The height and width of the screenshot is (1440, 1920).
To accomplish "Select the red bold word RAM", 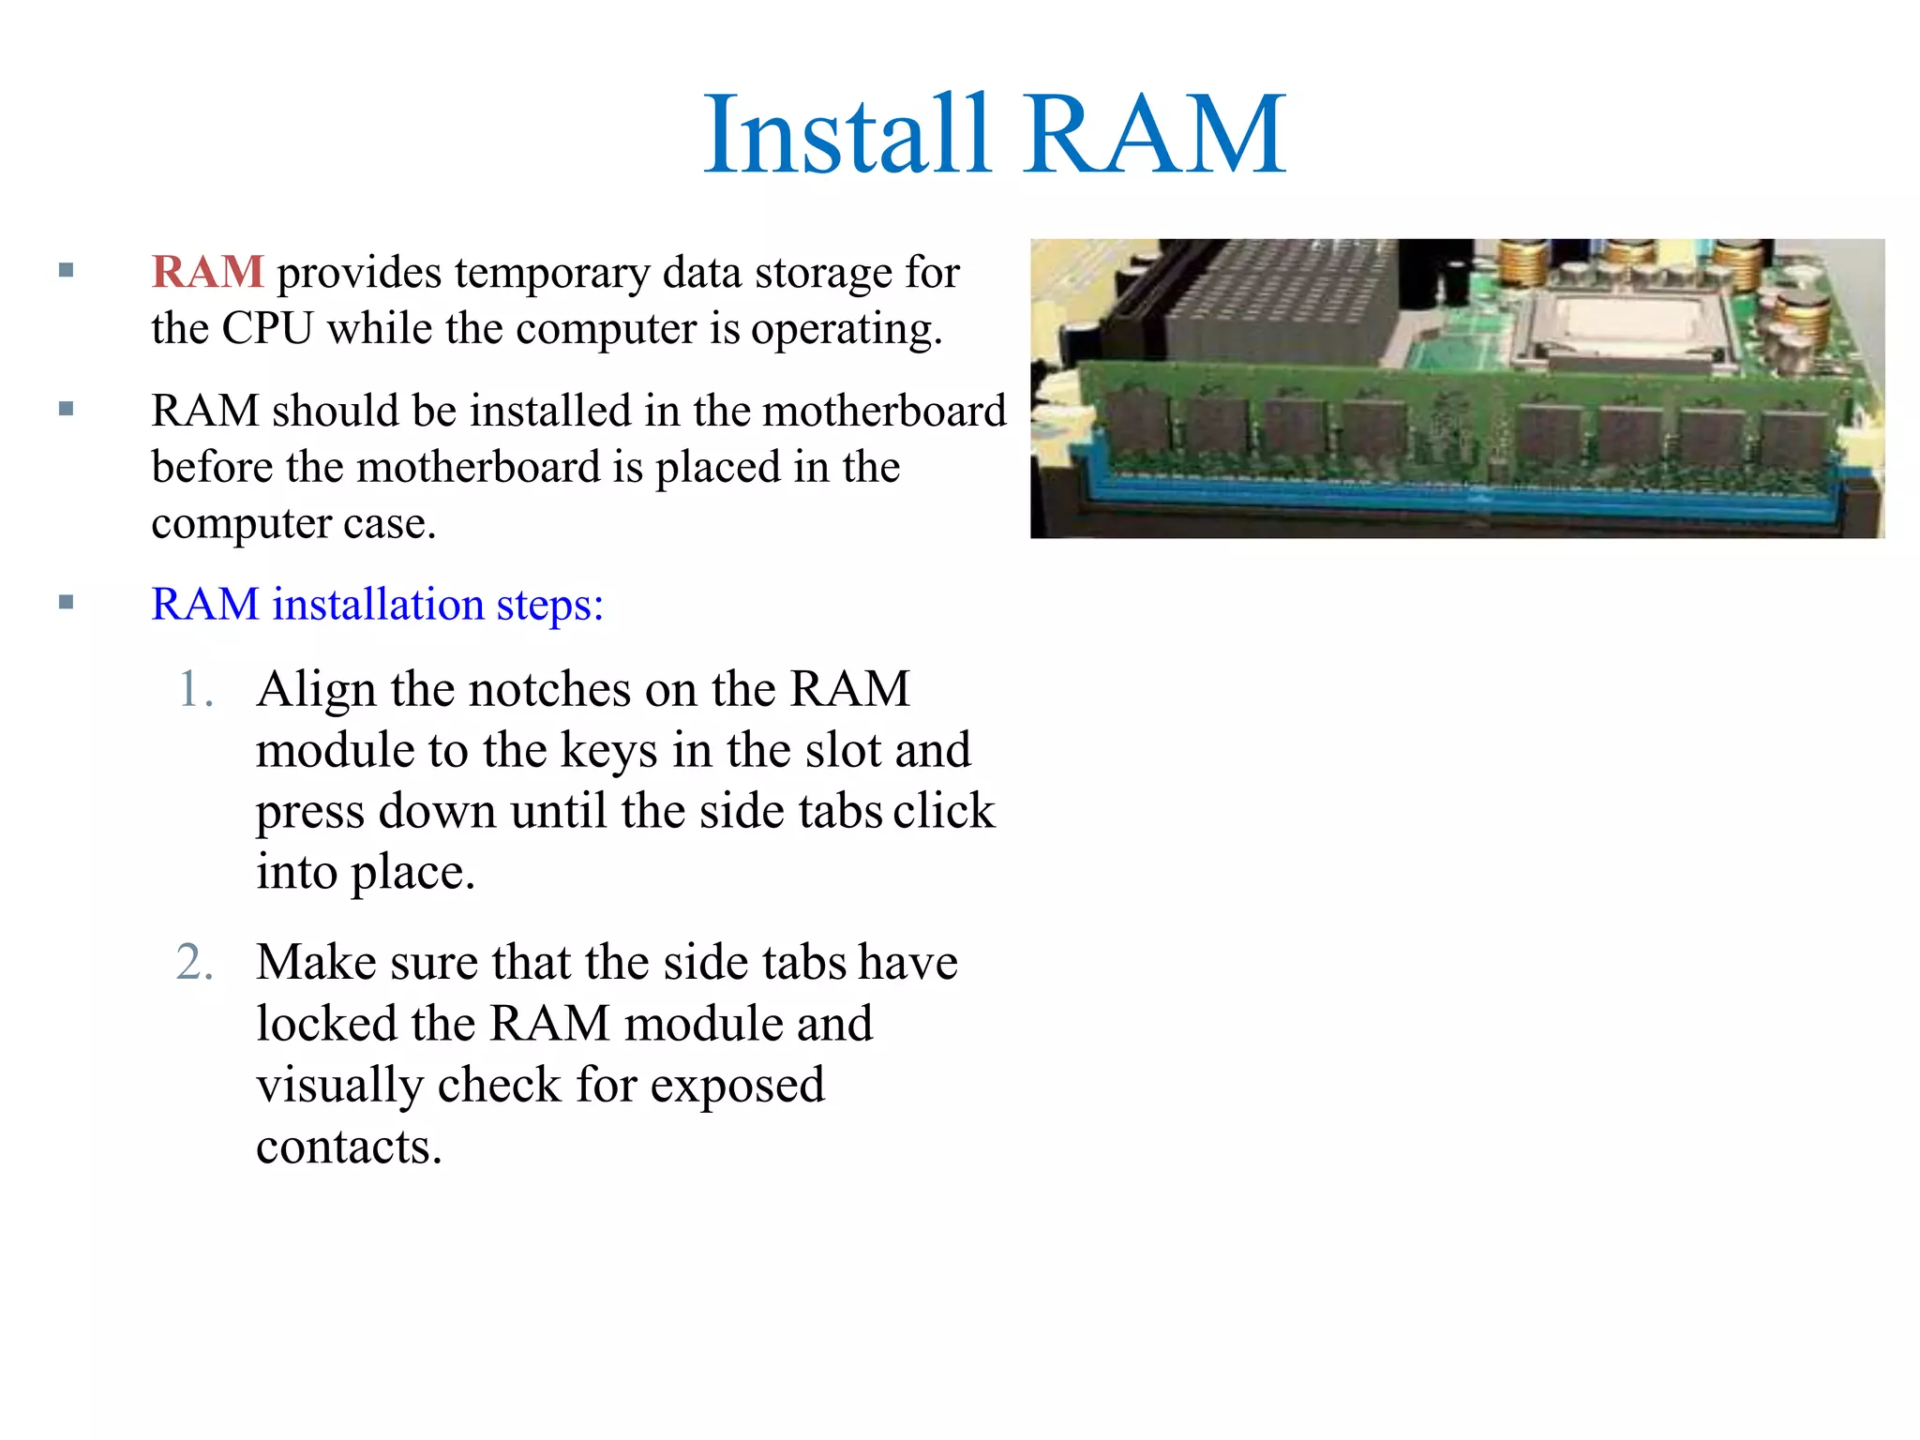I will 207,272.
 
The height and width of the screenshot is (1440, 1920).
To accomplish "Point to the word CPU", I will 266,328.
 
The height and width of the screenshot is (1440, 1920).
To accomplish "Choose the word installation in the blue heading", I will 377,604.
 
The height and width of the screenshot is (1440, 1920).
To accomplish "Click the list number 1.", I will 194,689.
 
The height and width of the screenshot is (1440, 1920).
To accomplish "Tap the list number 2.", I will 194,963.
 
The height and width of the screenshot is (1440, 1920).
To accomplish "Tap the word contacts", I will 349,1147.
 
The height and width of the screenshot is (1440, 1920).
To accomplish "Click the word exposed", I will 737,1086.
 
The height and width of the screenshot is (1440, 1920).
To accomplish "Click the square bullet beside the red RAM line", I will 66,271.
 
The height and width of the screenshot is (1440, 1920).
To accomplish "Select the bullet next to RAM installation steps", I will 66,603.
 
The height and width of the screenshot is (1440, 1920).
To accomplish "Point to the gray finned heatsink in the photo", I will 1275,300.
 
